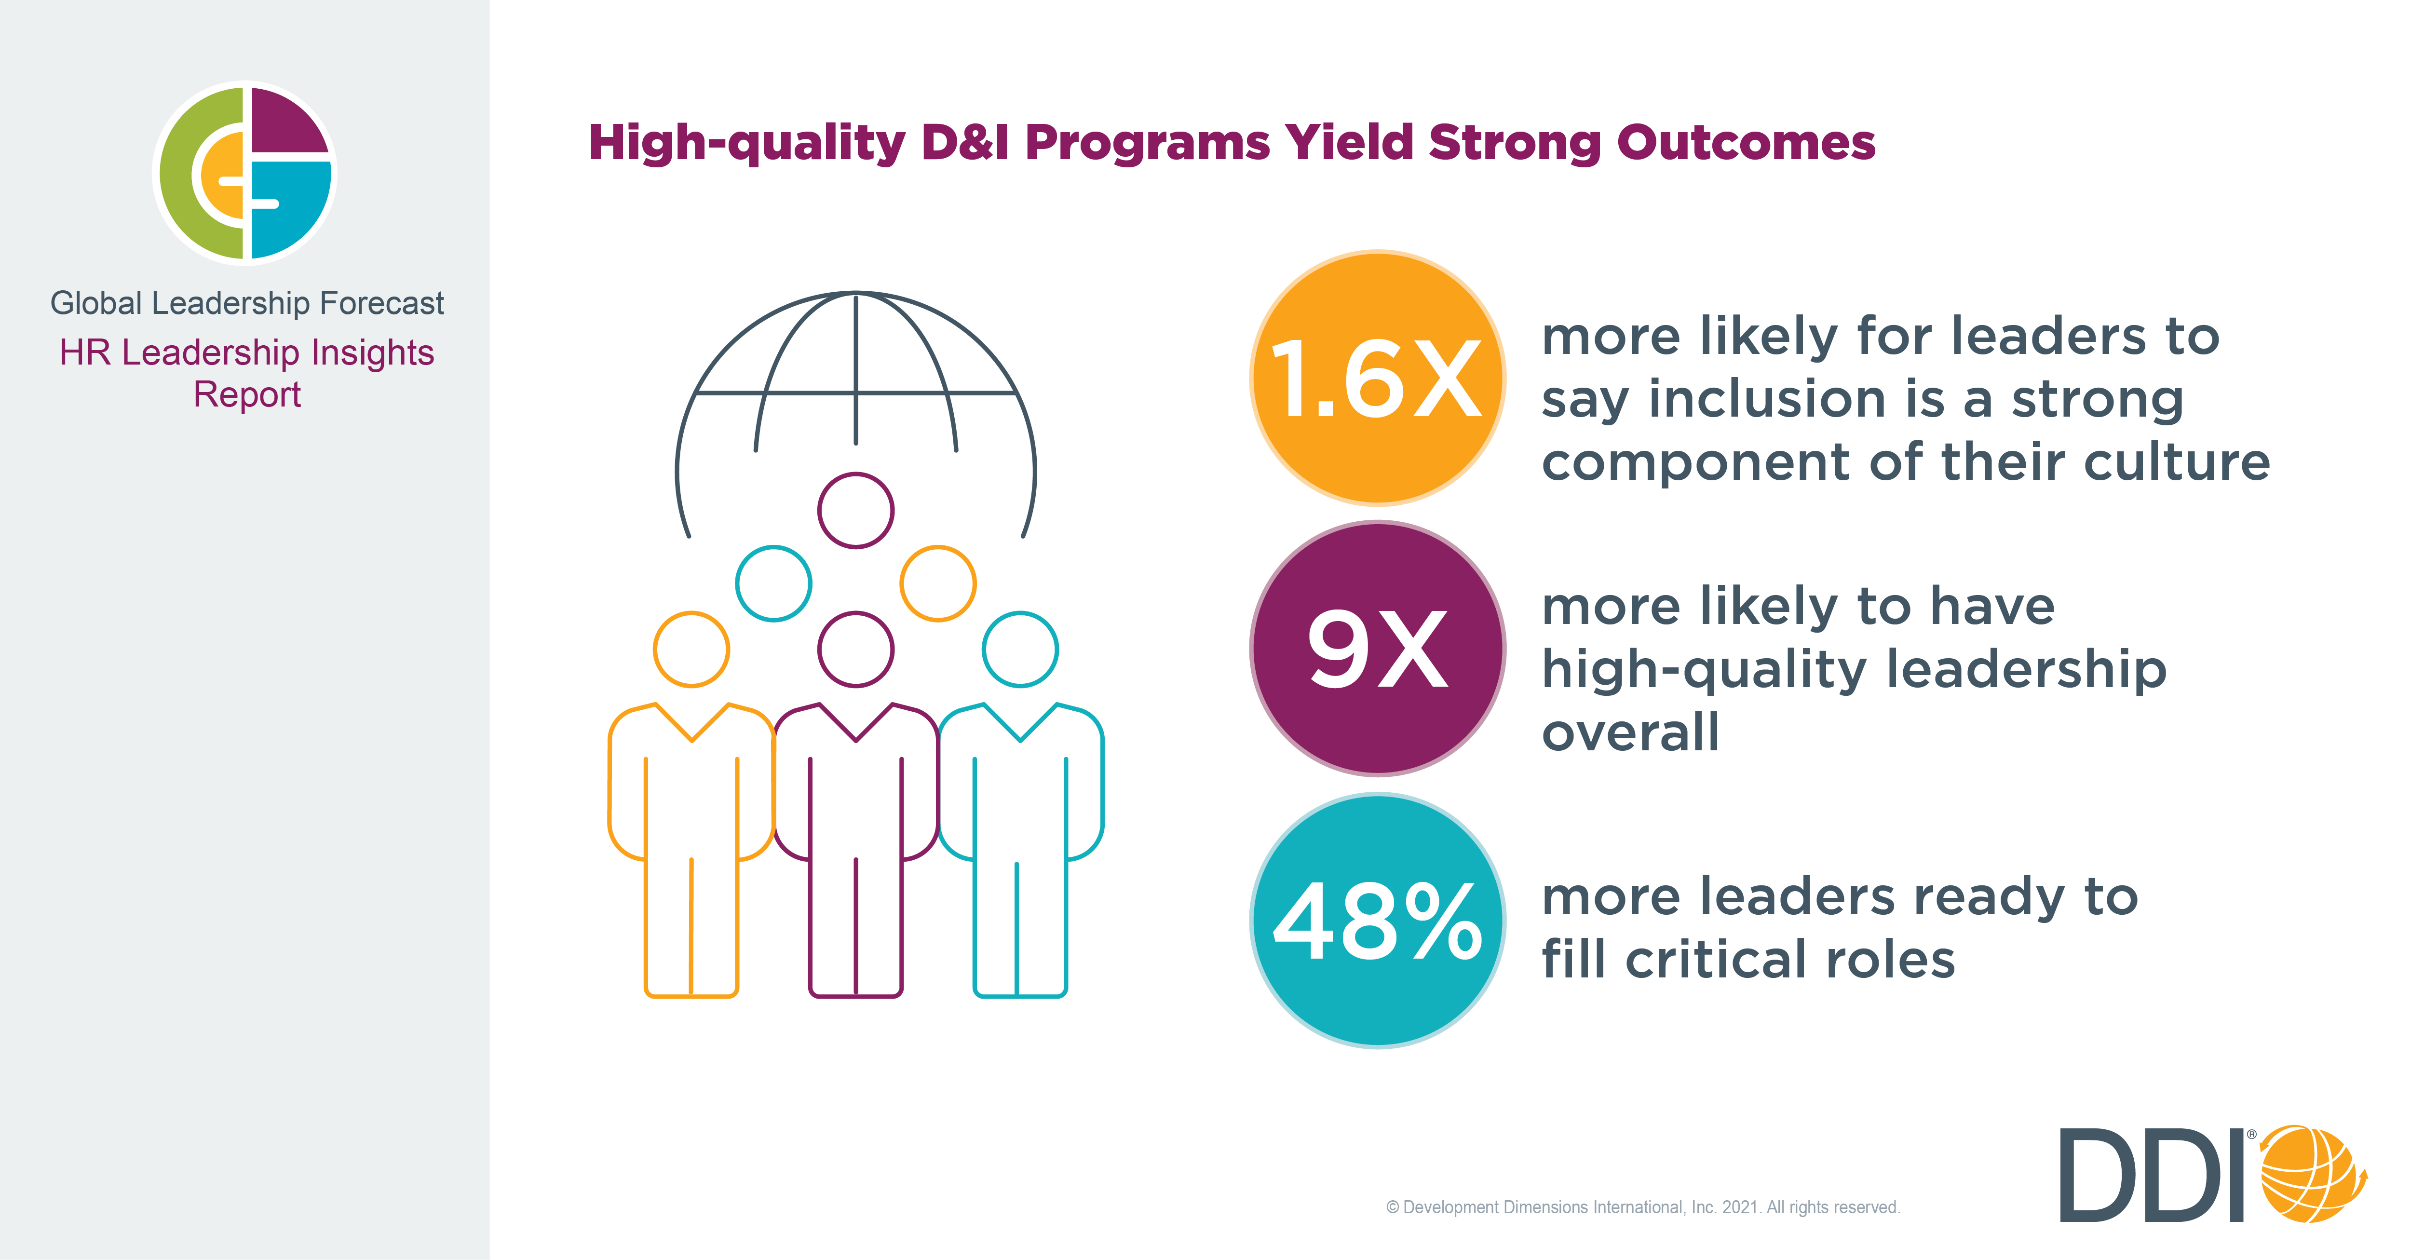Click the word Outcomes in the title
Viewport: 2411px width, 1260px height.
point(1746,143)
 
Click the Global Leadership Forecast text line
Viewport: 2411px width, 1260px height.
point(247,303)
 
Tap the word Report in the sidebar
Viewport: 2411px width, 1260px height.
point(247,395)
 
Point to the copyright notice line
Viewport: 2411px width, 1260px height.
point(1642,1207)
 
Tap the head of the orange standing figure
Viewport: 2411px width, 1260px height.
point(691,650)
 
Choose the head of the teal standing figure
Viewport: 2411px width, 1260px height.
point(1020,650)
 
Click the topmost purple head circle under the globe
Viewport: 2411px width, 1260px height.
point(855,510)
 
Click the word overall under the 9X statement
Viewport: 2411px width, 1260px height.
point(1630,732)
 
